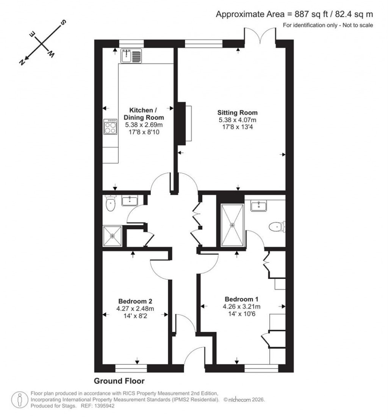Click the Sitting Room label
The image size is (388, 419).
tap(238, 113)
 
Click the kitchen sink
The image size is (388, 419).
tap(130, 56)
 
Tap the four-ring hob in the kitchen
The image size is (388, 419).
tap(111, 127)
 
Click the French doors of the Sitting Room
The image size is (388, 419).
tap(260, 35)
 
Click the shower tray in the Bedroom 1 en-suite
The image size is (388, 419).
tap(232, 225)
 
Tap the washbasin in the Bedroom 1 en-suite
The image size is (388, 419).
tap(260, 206)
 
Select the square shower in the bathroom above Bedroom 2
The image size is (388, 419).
tap(113, 236)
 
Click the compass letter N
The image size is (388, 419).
tap(22, 62)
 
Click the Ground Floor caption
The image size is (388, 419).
tap(119, 381)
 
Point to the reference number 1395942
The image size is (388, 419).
tap(103, 406)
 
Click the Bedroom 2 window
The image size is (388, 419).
tap(131, 367)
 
